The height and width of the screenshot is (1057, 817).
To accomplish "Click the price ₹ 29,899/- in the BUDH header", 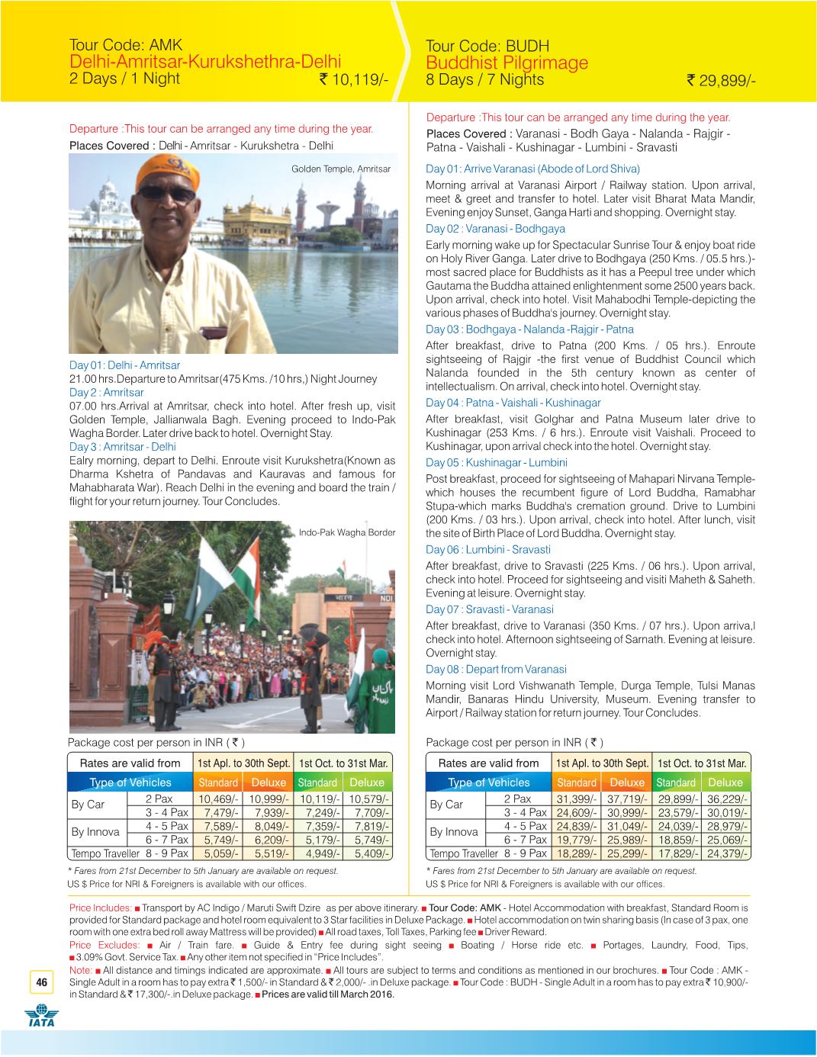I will click(x=721, y=81).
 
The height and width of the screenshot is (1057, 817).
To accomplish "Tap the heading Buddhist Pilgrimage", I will click(x=507, y=63).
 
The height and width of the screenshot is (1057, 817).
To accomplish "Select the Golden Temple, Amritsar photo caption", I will click(x=341, y=169).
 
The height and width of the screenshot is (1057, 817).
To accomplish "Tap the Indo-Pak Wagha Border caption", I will click(x=347, y=532).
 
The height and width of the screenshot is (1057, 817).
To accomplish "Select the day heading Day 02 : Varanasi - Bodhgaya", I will click(x=495, y=229).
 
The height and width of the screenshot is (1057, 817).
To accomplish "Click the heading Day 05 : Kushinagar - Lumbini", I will click(x=496, y=463).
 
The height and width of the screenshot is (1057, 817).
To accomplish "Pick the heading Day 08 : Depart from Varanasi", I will click(x=496, y=669).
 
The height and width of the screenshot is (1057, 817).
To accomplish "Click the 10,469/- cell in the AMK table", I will click(x=219, y=799).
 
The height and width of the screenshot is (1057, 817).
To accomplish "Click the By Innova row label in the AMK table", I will click(x=95, y=832).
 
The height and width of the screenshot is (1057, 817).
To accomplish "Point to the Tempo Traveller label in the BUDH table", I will click(x=464, y=853).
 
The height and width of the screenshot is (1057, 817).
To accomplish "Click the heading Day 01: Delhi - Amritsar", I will click(x=124, y=365).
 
